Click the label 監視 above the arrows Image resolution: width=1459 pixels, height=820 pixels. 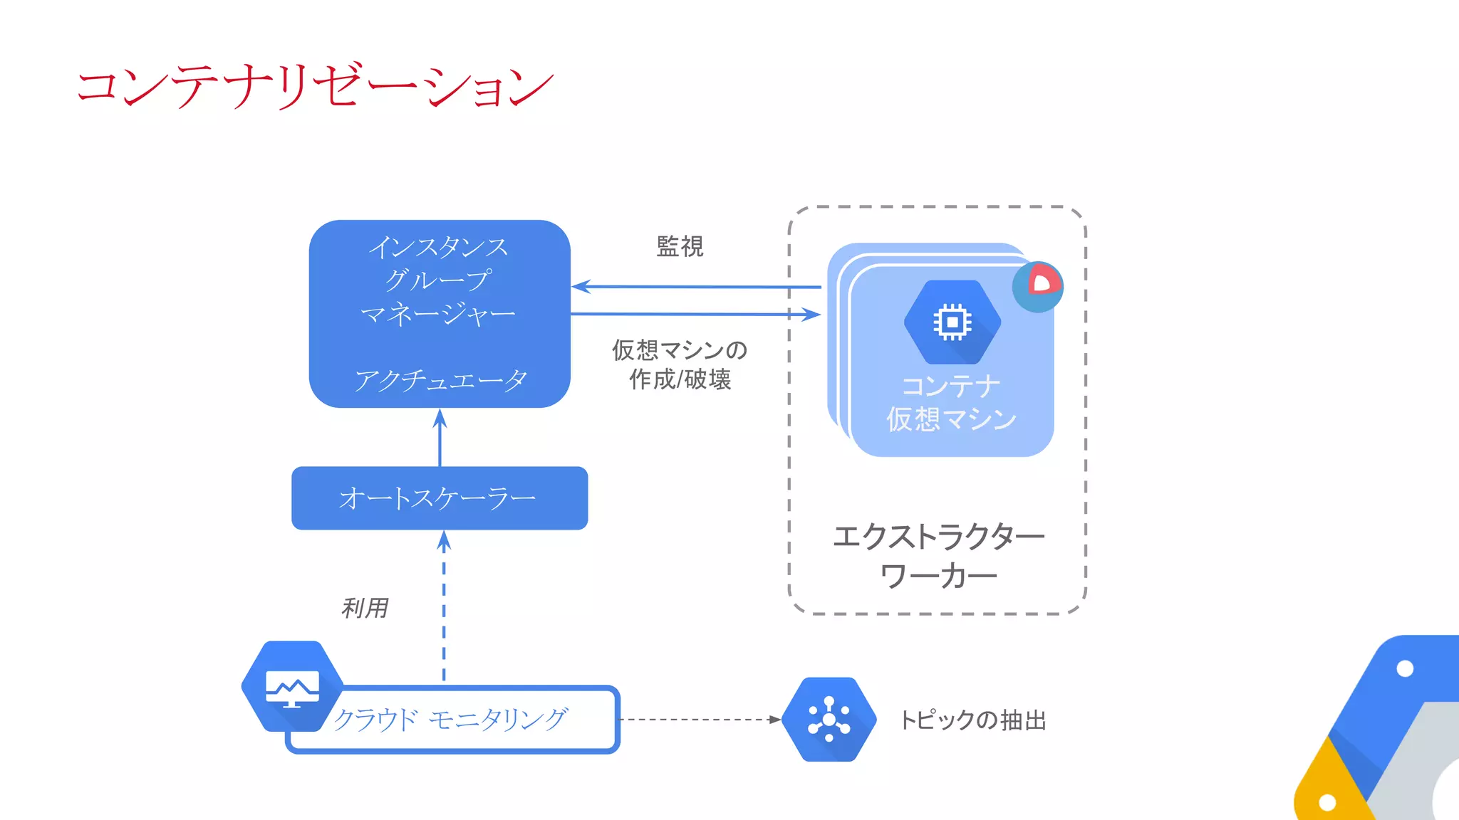pos(680,246)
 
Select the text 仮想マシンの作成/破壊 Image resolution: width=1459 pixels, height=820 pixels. pos(680,364)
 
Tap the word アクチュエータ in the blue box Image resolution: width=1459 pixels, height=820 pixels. pos(440,380)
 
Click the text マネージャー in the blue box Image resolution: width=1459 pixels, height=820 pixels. pos(438,313)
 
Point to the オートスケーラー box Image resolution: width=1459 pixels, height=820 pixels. pos(440,498)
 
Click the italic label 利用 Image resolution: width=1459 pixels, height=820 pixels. pos(365,608)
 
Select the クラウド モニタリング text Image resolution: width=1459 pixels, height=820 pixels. pos(450,720)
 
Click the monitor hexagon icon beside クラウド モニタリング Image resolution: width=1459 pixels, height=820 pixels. pos(292,686)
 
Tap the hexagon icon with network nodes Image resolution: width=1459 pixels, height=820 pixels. pos(829,720)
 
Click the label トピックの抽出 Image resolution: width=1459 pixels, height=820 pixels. pos(973,720)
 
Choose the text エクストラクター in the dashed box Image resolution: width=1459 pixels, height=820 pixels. pos(938,537)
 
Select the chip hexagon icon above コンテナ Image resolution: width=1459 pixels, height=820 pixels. pos(952,322)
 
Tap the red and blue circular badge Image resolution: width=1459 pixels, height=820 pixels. pos(1038,286)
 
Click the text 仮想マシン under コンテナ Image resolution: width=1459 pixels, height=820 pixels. pos(951,419)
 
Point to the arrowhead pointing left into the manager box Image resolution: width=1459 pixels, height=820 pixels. pos(580,287)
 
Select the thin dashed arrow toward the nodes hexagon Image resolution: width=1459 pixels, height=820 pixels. pos(698,720)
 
